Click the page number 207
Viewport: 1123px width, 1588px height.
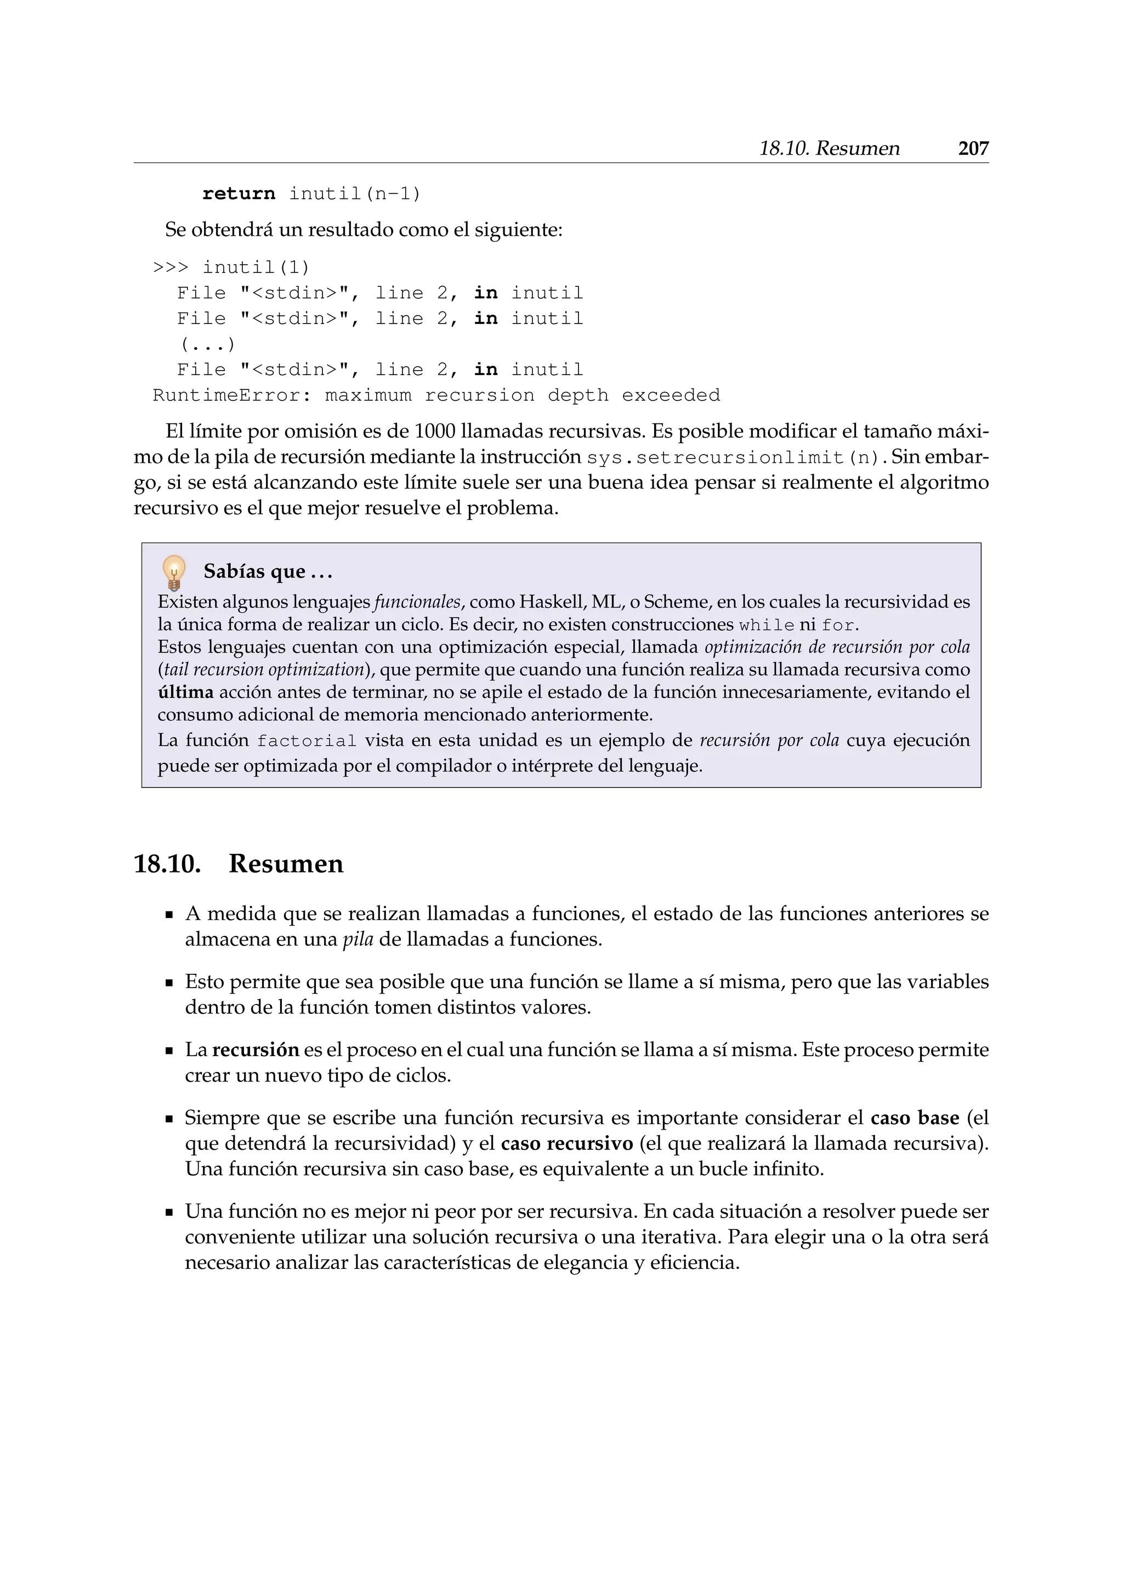point(972,148)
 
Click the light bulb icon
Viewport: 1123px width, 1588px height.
point(174,572)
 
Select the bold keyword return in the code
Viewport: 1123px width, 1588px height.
point(239,194)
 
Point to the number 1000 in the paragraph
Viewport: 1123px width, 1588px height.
point(434,432)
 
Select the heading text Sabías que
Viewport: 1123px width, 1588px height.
point(254,571)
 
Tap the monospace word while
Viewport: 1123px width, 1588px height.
point(766,625)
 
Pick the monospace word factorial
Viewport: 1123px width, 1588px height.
point(307,741)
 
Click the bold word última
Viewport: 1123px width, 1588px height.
point(185,693)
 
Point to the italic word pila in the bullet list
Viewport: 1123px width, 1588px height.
point(358,939)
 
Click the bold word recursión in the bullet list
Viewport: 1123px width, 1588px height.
point(255,1050)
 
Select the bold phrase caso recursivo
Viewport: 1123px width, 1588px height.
point(566,1143)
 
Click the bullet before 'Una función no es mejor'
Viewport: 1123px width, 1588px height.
point(169,1212)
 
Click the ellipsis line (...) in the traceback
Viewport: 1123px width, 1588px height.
point(207,344)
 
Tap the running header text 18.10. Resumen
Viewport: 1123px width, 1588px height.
point(829,148)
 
